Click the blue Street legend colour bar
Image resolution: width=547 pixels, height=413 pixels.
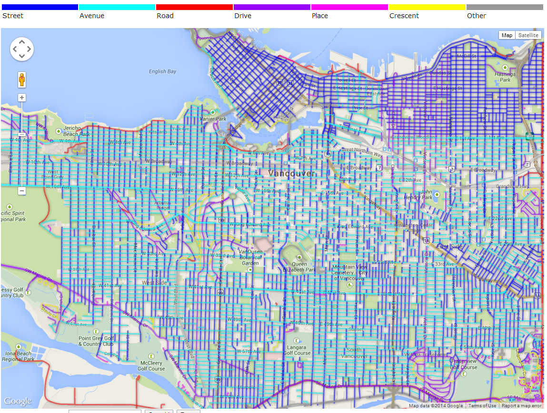40,7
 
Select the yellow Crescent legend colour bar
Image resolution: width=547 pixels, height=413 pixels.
427,7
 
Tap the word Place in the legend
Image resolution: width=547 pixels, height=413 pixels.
320,16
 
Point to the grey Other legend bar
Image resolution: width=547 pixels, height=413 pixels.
505,7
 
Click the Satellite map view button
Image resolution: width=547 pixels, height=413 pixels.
528,35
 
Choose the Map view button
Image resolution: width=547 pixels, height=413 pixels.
507,35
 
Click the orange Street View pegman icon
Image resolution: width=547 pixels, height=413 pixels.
22,79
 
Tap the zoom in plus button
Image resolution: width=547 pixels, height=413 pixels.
22,98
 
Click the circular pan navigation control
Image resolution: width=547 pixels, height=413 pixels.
22,49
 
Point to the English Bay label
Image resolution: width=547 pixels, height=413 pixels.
162,71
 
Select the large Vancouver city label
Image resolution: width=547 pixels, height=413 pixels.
291,173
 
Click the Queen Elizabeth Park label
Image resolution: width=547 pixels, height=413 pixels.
303,267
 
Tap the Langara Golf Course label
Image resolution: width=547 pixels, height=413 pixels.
297,350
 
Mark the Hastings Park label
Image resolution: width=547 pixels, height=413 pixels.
505,77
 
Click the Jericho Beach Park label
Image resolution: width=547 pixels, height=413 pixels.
77,131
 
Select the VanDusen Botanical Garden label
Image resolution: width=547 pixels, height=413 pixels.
250,257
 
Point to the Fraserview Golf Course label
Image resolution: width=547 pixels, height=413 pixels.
464,364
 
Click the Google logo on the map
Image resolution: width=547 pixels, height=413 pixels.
18,401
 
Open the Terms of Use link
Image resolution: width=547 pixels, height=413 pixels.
482,406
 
